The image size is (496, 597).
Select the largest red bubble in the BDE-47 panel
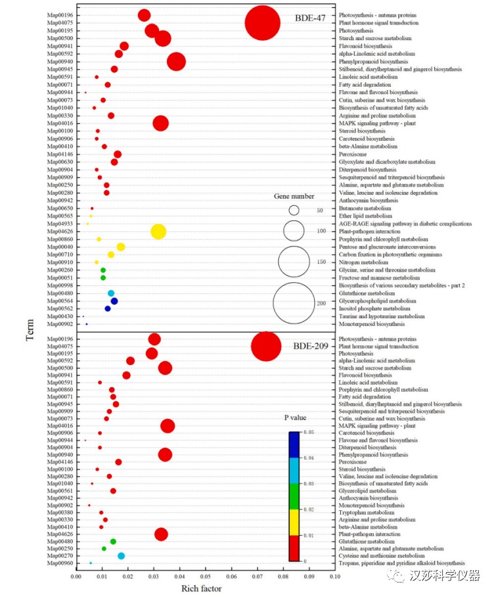pos(263,24)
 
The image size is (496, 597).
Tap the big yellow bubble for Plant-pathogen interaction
pos(158,231)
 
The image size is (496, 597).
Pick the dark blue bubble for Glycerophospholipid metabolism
pos(114,301)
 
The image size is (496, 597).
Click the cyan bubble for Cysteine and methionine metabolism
pos(121,556)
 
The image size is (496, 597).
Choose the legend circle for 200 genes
pos(295,303)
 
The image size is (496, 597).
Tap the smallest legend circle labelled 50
pos(294,210)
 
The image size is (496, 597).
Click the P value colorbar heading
pos(295,418)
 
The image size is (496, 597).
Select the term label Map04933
pos(60,224)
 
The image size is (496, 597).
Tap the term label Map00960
pos(60,563)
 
